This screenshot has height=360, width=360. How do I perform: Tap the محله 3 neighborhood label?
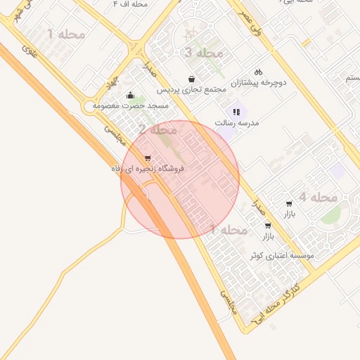[x=203, y=53]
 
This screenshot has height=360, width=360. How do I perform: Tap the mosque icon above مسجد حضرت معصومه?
[x=129, y=96]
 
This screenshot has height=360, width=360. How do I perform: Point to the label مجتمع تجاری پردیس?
[x=191, y=90]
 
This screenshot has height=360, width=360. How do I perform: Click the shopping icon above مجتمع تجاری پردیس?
[x=192, y=79]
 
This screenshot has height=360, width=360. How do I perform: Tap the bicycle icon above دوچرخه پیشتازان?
[x=258, y=72]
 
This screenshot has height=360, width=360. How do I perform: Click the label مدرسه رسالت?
[x=236, y=122]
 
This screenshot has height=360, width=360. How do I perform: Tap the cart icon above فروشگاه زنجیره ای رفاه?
[x=147, y=158]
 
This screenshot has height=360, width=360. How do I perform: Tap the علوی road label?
[x=28, y=51]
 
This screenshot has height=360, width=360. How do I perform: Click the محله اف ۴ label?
[x=130, y=4]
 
